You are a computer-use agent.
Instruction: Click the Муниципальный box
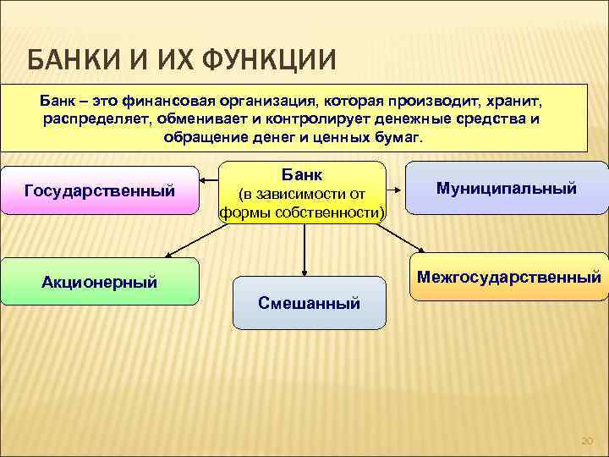tap(507, 188)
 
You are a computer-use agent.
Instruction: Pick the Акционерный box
tap(100, 281)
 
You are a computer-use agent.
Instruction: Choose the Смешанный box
tap(309, 302)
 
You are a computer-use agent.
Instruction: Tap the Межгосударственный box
tap(508, 277)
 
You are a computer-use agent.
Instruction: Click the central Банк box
tap(303, 192)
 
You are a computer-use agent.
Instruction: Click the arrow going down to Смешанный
tap(304, 250)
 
